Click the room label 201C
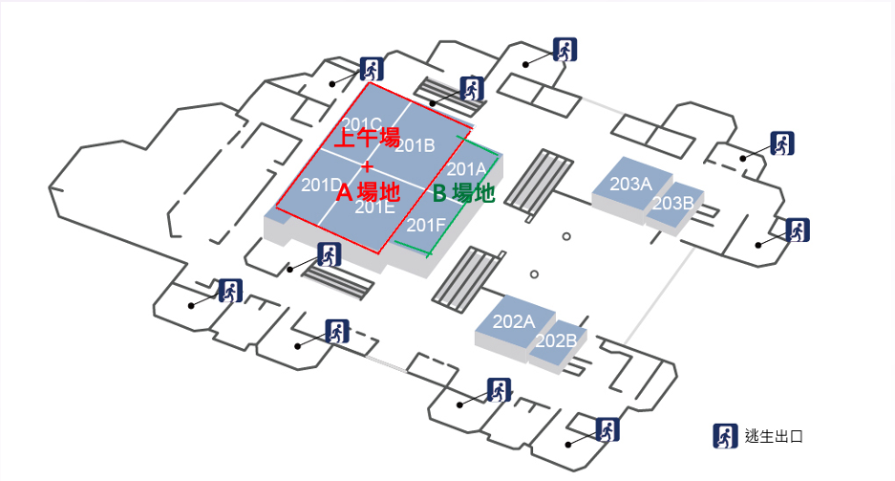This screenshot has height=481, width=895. point(362,124)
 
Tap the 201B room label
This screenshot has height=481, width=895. point(415,145)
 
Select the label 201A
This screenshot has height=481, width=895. point(467,170)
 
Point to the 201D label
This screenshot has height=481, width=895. point(321,185)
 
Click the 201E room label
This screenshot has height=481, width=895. point(375,207)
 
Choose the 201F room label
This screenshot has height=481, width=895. point(426,226)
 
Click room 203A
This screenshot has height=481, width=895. point(630,183)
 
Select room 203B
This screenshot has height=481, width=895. point(673,203)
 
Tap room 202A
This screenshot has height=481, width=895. point(513,320)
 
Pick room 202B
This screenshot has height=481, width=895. point(556,340)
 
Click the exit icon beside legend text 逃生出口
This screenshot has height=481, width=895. point(725,436)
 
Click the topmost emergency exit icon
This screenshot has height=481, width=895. point(565,50)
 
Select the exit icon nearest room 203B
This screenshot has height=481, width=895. point(797,230)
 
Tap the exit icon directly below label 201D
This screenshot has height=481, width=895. point(330,255)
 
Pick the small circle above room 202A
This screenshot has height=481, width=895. point(534,275)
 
